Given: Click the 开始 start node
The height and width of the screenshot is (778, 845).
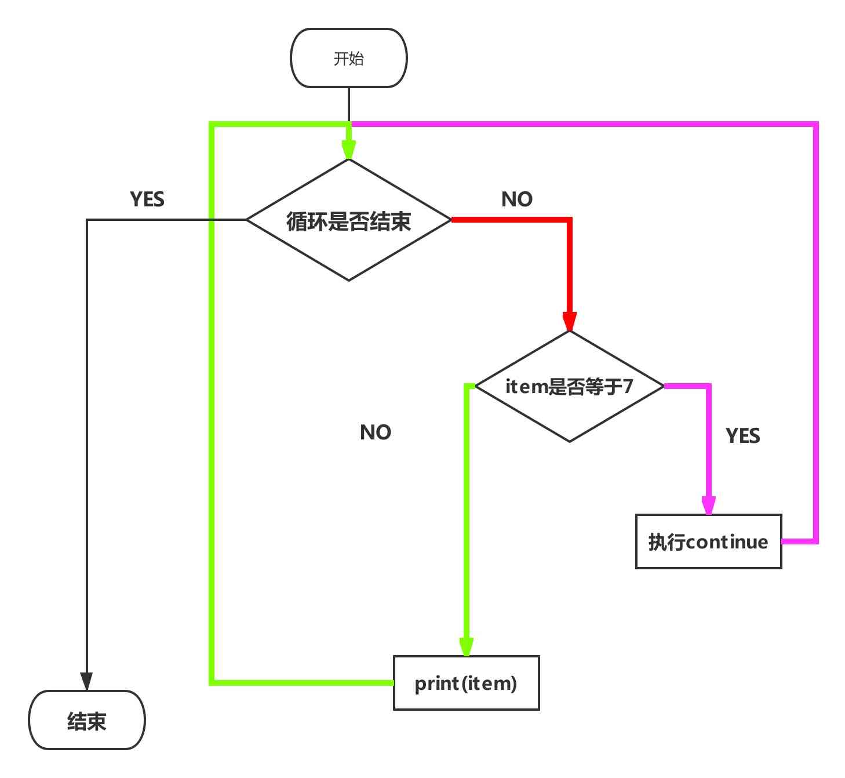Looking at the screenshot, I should click(x=348, y=58).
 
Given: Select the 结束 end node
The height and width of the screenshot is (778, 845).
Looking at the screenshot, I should click(x=86, y=720).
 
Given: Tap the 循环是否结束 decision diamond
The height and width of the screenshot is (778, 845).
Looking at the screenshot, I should click(x=348, y=220).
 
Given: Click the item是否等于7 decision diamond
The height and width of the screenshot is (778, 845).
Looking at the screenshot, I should click(x=569, y=386).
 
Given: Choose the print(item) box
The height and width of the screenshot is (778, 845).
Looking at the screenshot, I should click(x=466, y=683).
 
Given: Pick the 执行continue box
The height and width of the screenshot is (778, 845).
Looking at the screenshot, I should click(x=708, y=541).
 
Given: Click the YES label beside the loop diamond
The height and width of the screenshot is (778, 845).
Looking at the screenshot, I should click(x=147, y=199).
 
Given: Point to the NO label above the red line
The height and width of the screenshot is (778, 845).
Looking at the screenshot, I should click(x=516, y=199).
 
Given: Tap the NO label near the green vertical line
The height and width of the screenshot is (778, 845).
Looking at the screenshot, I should click(x=375, y=432).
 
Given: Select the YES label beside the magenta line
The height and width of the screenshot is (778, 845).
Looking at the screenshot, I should click(x=742, y=435).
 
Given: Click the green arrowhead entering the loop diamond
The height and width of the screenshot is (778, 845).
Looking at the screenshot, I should click(x=348, y=150).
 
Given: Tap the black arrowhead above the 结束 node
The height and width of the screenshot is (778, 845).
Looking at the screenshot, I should click(x=86, y=681).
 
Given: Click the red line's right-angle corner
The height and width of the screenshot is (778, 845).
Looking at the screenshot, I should click(x=570, y=220).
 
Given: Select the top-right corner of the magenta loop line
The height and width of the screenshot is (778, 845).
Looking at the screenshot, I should click(x=816, y=124).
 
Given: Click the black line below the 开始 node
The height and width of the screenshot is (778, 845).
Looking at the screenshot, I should click(x=348, y=104).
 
